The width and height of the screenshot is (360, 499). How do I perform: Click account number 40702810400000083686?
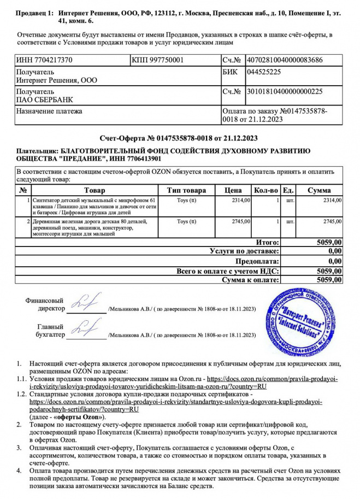(x=284, y=60)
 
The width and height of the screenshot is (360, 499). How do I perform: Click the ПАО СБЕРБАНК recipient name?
(x=45, y=99)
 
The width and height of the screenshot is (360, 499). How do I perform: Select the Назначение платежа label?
(x=50, y=111)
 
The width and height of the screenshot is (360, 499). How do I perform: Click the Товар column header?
(x=95, y=190)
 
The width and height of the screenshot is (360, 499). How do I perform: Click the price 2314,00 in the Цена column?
(x=241, y=201)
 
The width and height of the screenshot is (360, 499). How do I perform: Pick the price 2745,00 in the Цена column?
(x=241, y=221)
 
